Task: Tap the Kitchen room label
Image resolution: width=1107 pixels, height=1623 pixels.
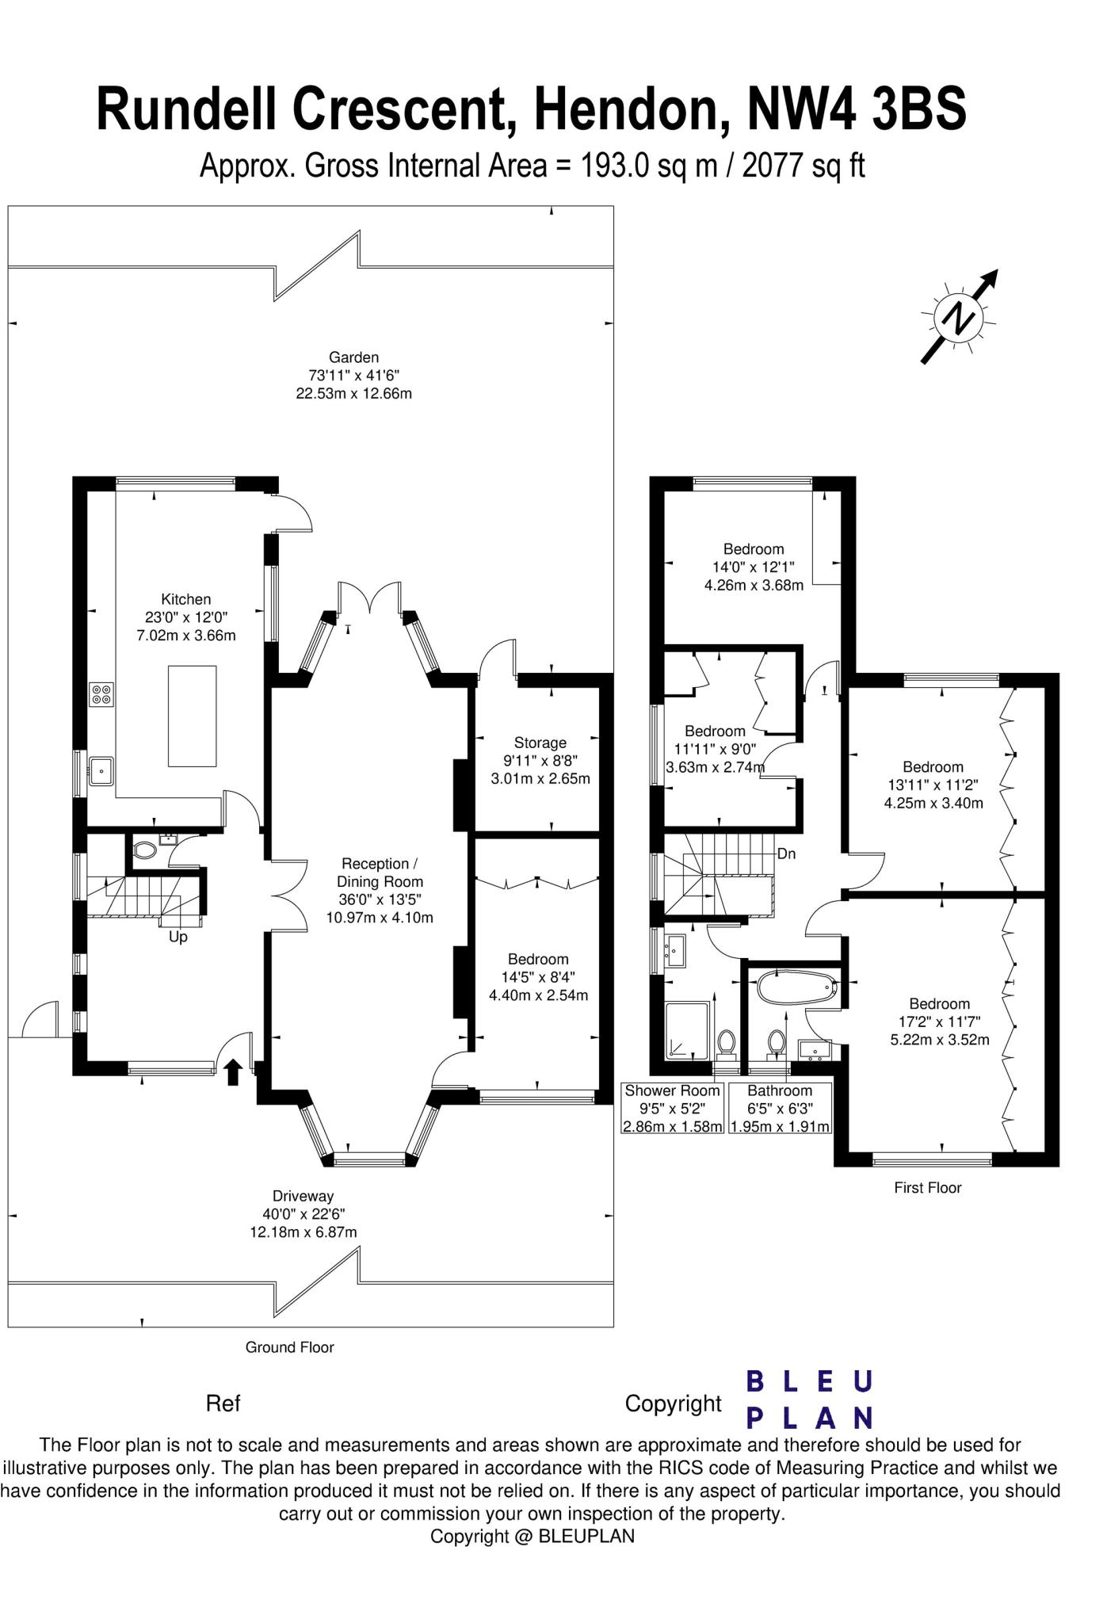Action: pyautogui.click(x=186, y=599)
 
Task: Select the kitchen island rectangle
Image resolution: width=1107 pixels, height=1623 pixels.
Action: pyautogui.click(x=192, y=716)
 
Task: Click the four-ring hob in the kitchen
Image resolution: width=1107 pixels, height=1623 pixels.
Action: pyautogui.click(x=101, y=694)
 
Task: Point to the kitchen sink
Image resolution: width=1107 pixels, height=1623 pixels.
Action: pyautogui.click(x=101, y=770)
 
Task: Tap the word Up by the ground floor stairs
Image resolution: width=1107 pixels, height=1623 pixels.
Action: pyautogui.click(x=178, y=937)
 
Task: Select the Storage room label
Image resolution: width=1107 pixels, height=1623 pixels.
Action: pyautogui.click(x=540, y=743)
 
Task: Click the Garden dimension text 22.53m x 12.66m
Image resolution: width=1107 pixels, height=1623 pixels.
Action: pyautogui.click(x=354, y=393)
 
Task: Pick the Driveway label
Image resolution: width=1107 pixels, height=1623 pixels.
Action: pyautogui.click(x=303, y=1196)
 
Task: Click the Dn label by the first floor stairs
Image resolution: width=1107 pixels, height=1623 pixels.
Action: pyautogui.click(x=786, y=854)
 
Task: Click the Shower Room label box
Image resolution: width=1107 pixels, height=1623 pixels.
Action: pyautogui.click(x=673, y=1108)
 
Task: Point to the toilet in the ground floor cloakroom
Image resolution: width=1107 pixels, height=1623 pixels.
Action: pyautogui.click(x=144, y=851)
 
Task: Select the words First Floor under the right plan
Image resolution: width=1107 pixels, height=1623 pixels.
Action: pyautogui.click(x=927, y=1187)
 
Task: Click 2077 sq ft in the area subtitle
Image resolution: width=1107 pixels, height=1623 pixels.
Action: pyautogui.click(x=803, y=166)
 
